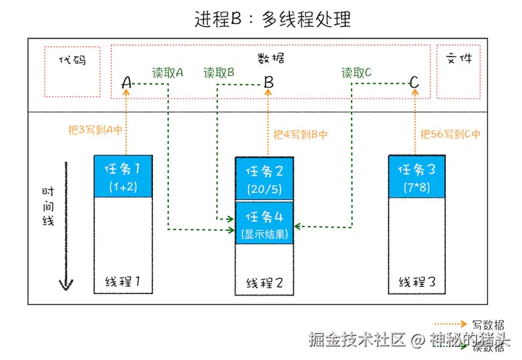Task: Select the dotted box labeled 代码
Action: tap(72, 71)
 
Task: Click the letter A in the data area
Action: tap(126, 84)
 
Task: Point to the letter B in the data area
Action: tap(268, 83)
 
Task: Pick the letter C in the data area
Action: tap(414, 83)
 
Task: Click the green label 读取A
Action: tap(167, 73)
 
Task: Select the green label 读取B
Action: tap(219, 73)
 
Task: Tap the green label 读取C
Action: tap(357, 73)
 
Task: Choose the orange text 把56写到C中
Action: tap(450, 135)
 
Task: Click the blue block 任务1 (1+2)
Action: tap(123, 176)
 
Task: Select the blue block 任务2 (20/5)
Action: tap(264, 178)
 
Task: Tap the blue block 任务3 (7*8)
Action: tap(417, 176)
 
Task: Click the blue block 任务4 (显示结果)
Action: tap(264, 223)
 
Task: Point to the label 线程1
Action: tap(123, 281)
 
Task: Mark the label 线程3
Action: tap(417, 281)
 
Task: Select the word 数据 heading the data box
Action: tap(270, 58)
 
